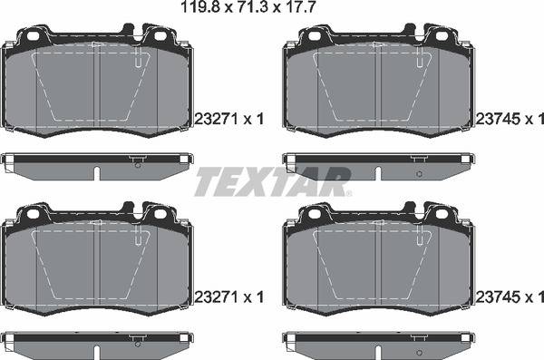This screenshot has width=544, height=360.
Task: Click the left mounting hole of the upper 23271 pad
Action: tap(35, 37)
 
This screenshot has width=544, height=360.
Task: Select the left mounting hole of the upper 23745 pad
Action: tap(315, 37)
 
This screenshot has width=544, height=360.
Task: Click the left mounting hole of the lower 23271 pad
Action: tap(35, 216)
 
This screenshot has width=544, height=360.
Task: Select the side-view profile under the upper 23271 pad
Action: tap(97, 162)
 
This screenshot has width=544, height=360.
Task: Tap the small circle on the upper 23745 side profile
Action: tap(418, 171)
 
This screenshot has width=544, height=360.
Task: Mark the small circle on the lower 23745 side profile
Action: tap(418, 350)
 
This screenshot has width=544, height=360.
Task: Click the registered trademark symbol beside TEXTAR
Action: tap(346, 192)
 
